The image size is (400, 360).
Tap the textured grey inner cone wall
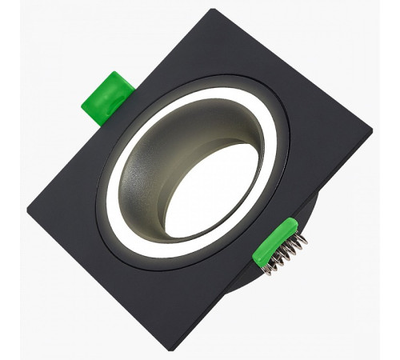click(x=164, y=152)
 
